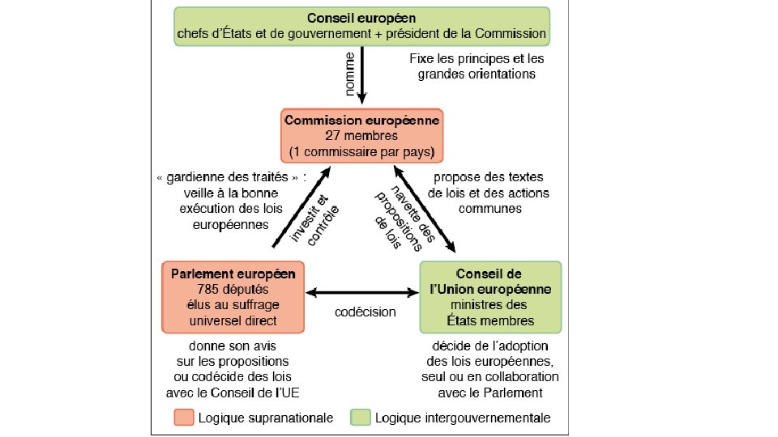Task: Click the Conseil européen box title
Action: point(362,18)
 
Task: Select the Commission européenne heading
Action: point(361,120)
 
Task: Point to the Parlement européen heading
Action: point(233,273)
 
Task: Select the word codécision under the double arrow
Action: point(365,312)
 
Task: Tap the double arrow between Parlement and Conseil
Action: point(361,293)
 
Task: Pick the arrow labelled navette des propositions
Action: point(425,206)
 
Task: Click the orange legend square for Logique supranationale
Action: point(183,418)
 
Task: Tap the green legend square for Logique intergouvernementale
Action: point(361,418)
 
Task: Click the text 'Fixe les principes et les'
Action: point(477,59)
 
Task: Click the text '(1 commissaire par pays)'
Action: point(361,151)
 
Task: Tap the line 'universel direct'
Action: point(233,320)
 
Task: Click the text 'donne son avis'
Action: point(233,346)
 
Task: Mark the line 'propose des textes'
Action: point(489,177)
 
